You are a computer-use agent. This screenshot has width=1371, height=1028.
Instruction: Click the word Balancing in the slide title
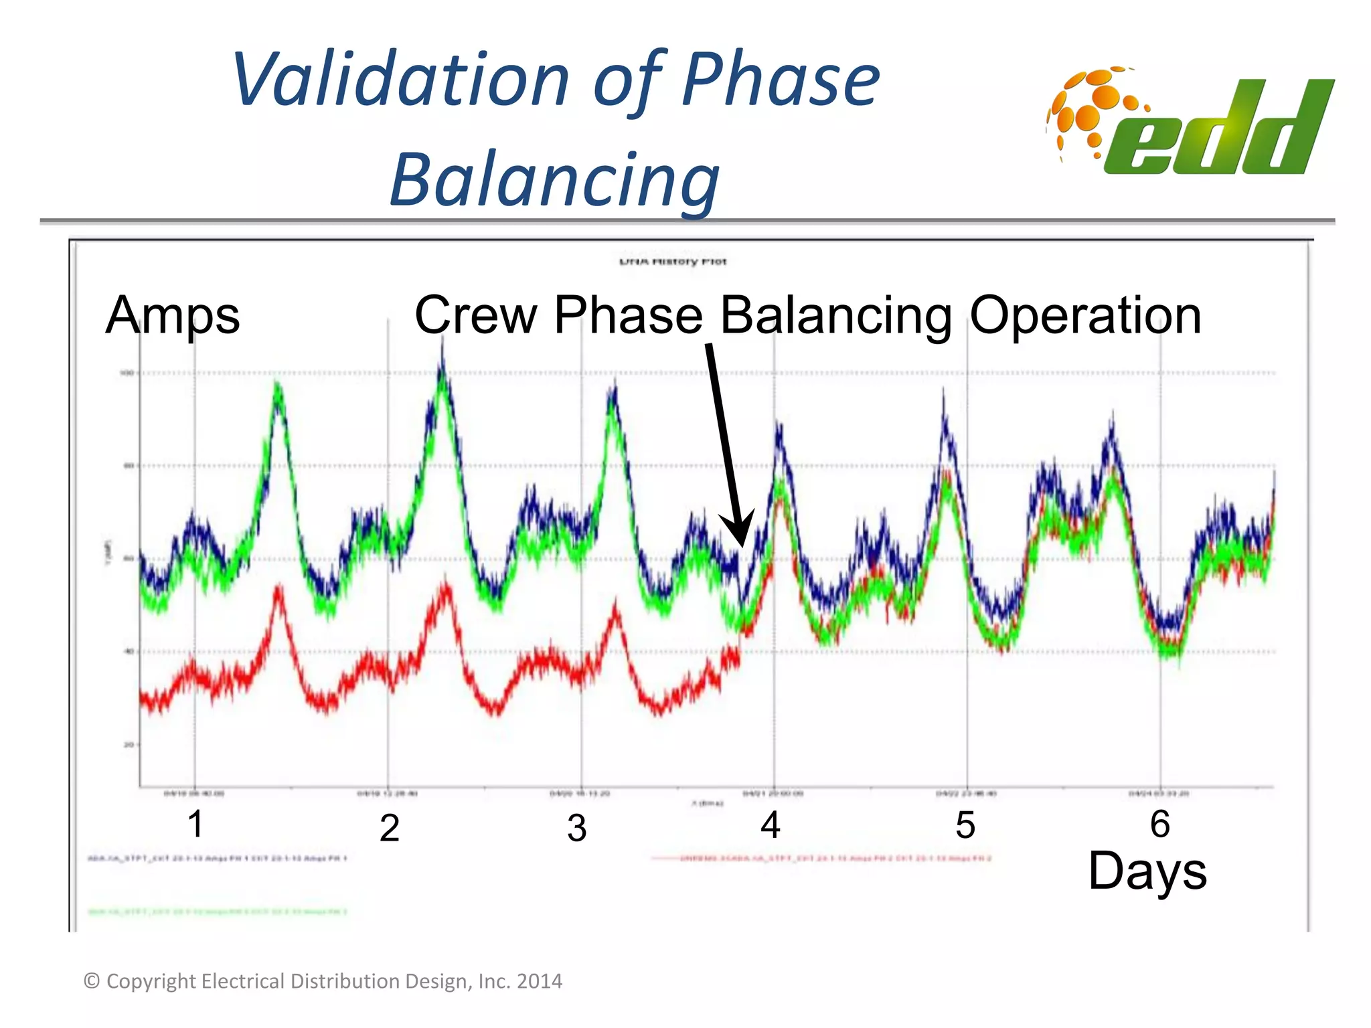(x=554, y=179)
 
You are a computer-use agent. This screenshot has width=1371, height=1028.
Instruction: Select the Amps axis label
(x=172, y=315)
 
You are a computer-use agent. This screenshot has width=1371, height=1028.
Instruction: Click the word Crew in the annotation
(x=476, y=315)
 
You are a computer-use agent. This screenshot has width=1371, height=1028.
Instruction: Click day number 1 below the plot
(x=195, y=824)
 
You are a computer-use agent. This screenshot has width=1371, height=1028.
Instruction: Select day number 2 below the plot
(x=389, y=828)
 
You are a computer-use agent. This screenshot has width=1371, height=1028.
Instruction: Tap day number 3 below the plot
(x=576, y=828)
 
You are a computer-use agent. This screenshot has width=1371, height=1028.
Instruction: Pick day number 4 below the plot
(x=770, y=825)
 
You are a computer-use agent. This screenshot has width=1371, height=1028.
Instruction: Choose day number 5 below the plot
(x=965, y=825)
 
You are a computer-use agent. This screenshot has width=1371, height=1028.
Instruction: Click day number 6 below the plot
(x=1159, y=824)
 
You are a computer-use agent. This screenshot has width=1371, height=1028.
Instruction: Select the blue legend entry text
(x=218, y=858)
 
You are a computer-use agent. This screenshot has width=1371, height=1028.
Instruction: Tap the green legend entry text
(x=218, y=912)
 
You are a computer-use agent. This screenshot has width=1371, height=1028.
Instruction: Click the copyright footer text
(x=323, y=981)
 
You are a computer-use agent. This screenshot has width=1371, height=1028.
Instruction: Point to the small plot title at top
(x=672, y=261)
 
